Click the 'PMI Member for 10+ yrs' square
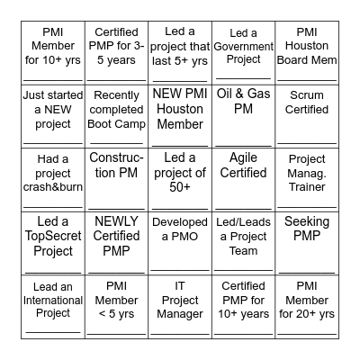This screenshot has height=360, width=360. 53,52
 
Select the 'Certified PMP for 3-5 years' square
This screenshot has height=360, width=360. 116,52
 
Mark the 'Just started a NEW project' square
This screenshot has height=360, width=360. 53,115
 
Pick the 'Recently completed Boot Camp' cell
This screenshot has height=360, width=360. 116,115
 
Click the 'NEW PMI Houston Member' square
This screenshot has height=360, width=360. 180,115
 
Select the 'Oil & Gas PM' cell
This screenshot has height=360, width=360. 243,115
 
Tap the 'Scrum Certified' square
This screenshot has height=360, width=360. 307,115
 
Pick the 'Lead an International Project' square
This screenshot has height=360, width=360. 53,304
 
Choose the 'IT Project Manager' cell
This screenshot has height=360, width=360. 180,304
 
